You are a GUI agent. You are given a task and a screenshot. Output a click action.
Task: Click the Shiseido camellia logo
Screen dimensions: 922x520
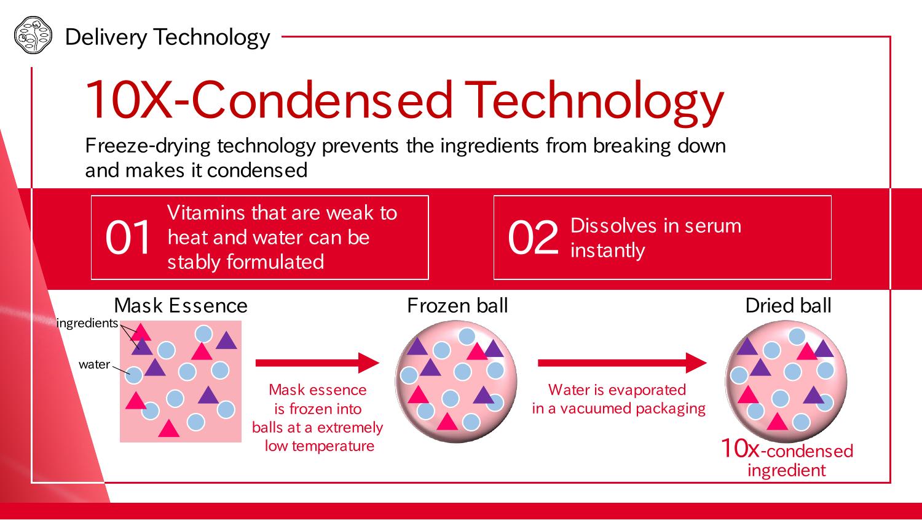point(33,35)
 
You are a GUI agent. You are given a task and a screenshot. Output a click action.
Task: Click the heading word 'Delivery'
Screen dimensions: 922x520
point(106,38)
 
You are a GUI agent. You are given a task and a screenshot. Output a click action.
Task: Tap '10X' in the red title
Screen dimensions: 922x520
point(128,100)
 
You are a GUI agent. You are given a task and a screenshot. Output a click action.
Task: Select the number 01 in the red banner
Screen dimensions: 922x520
point(128,237)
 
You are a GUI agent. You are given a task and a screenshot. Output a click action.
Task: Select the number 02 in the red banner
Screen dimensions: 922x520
point(533,237)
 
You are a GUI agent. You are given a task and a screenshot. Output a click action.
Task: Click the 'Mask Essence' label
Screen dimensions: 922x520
point(181,305)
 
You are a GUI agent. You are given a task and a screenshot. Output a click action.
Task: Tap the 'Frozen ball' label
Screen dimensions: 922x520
point(457,305)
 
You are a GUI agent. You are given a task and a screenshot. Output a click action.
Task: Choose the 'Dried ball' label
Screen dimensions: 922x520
point(788,305)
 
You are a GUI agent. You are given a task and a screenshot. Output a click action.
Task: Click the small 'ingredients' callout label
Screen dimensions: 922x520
point(87,324)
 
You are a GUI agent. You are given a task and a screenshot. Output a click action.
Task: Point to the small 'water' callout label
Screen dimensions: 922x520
point(94,364)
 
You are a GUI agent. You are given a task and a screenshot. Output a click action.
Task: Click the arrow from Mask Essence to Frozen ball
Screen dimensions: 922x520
point(317,362)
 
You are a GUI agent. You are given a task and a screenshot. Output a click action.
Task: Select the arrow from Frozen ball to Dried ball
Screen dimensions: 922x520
point(622,362)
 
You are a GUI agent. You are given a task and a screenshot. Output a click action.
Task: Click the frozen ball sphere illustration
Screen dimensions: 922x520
point(456,382)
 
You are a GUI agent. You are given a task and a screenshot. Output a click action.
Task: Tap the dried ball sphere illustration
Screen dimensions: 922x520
point(786,382)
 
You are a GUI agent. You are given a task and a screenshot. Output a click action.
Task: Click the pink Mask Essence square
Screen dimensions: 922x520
point(181,382)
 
